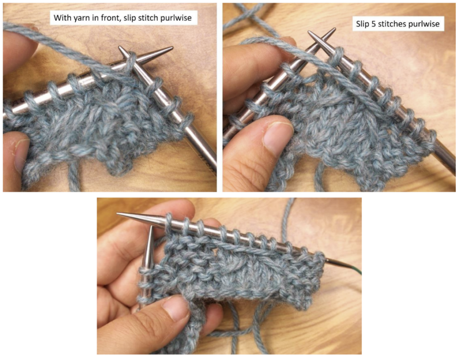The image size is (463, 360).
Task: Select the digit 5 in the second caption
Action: click(x=371, y=24)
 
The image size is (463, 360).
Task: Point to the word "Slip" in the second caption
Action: click(x=362, y=24)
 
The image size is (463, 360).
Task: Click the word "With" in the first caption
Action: click(x=62, y=19)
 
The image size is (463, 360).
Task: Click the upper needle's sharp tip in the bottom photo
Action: click(x=119, y=214)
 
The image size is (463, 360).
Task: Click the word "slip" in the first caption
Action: click(x=131, y=19)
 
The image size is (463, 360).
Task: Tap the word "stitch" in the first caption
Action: click(x=153, y=19)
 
